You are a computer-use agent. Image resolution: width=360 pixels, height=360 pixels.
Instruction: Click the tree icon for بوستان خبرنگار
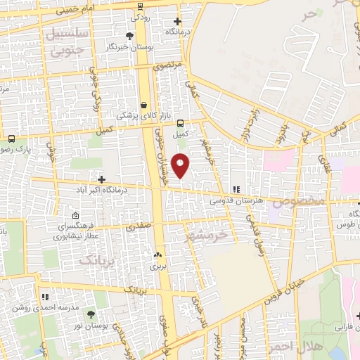click(x=130, y=36)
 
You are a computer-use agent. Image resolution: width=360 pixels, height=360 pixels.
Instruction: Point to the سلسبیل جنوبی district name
click(x=67, y=40)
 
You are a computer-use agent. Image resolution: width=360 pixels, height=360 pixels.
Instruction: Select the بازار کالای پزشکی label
click(x=138, y=115)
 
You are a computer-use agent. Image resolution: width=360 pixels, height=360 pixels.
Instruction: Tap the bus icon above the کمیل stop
click(x=181, y=121)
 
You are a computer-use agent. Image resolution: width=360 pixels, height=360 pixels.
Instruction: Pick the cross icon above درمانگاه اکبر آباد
click(x=103, y=179)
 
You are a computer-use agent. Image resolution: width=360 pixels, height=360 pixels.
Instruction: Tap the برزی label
click(x=155, y=266)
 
